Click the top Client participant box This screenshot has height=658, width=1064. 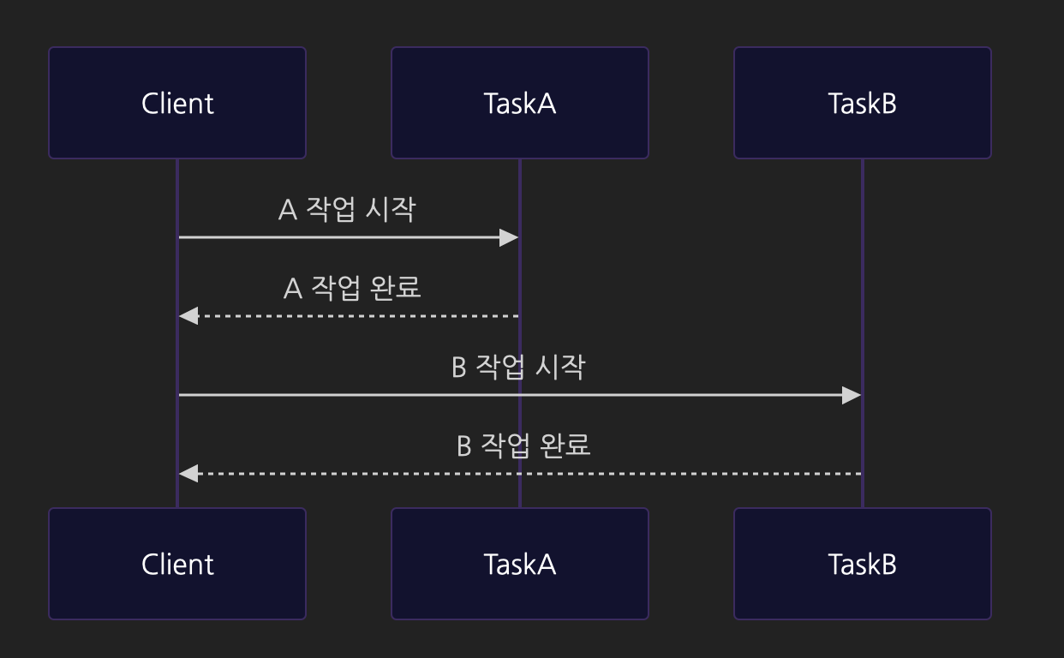[x=177, y=103]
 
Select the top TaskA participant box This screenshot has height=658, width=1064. [x=520, y=103]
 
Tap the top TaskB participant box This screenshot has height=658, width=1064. [x=863, y=103]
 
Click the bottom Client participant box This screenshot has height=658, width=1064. [x=177, y=564]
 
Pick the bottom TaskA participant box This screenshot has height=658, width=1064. [x=520, y=564]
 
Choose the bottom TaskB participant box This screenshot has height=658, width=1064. [x=863, y=564]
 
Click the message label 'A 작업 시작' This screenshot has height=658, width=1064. [x=347, y=210]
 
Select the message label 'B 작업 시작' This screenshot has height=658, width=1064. [x=518, y=368]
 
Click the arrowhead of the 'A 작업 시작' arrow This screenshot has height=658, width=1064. [x=510, y=237]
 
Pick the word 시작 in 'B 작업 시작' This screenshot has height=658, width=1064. [x=560, y=368]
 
